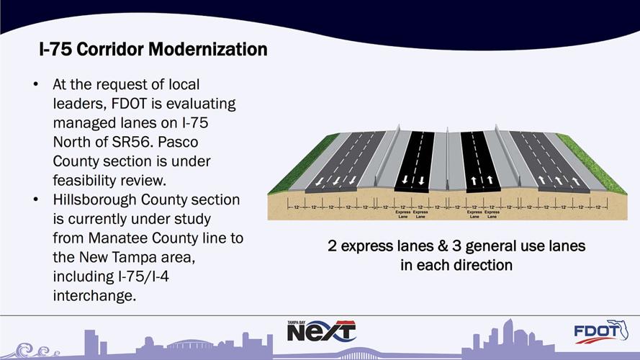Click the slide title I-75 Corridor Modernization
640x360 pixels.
[153, 50]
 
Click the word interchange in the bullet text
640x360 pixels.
[94, 295]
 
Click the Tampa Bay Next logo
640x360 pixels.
[321, 331]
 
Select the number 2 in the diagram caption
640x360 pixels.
[333, 246]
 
